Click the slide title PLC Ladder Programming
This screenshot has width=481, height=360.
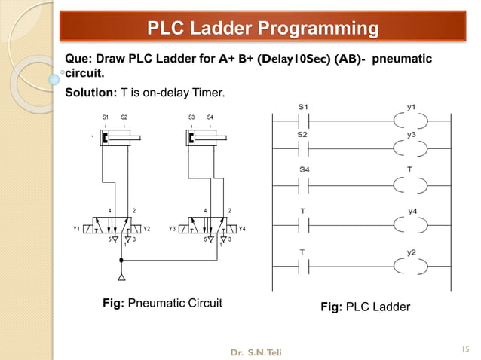[262, 29]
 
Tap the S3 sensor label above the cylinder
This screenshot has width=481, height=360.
[191, 117]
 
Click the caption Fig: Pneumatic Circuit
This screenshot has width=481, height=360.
[162, 303]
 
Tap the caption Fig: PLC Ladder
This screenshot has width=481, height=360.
[366, 307]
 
